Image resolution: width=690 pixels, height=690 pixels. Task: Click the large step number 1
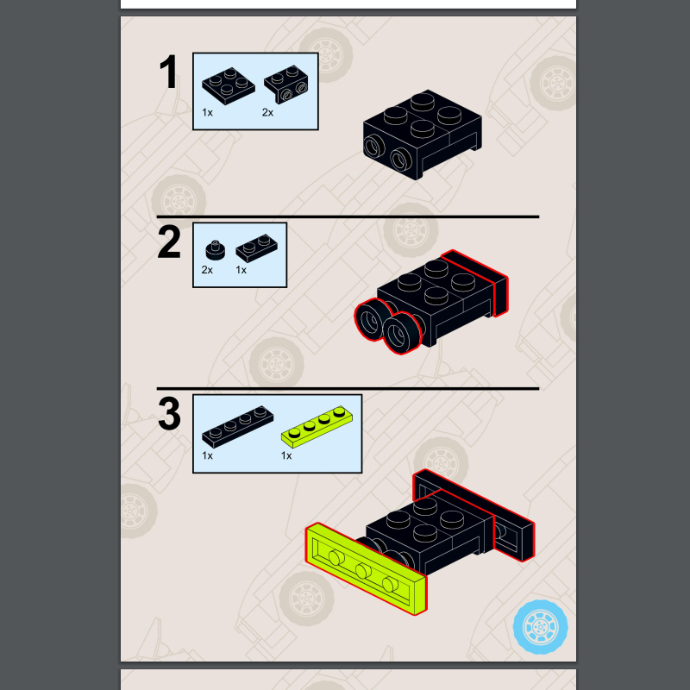(x=168, y=72)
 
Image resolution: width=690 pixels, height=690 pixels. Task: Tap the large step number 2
(x=169, y=241)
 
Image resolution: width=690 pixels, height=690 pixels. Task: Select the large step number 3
(x=169, y=414)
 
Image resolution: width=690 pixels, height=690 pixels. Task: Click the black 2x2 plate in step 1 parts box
(x=229, y=85)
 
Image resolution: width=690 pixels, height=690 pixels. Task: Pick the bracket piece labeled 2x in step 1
(x=286, y=84)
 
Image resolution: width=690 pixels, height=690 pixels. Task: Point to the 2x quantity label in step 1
(x=267, y=113)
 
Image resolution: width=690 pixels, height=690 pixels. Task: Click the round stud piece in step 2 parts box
(x=215, y=249)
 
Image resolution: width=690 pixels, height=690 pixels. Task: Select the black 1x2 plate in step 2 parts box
(x=256, y=248)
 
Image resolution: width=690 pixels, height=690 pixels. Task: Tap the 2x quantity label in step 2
(x=207, y=270)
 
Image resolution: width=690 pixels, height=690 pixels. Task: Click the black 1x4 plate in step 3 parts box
(x=238, y=427)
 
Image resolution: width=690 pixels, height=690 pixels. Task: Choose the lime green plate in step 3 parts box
(x=317, y=427)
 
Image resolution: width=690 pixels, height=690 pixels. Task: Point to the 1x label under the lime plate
(x=286, y=456)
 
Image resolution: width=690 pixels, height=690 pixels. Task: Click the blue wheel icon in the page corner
(x=541, y=627)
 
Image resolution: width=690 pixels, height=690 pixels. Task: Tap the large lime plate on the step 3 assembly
(x=366, y=569)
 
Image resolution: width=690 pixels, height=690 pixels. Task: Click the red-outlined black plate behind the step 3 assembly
(x=474, y=515)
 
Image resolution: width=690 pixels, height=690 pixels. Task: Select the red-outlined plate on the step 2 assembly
(x=475, y=282)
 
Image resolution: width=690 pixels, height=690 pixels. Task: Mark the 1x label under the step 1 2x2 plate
(x=207, y=113)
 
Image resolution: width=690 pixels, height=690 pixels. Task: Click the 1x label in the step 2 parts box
(x=241, y=270)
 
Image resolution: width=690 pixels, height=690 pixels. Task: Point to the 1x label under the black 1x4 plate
(x=207, y=456)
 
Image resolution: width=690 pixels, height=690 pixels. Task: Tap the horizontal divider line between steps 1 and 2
(x=348, y=216)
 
